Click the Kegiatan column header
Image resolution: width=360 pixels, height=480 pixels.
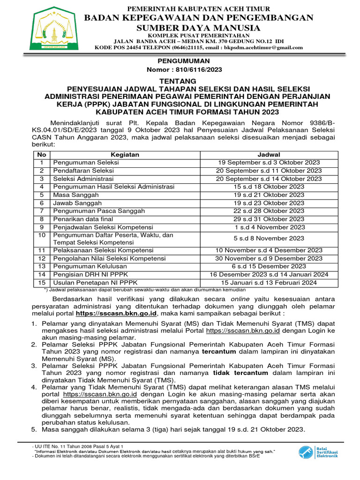pos(125,155)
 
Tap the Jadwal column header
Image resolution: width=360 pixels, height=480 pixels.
pos(269,155)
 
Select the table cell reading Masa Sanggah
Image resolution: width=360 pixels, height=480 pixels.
pos(76,195)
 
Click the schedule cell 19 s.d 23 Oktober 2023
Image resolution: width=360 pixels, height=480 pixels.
pos(269,202)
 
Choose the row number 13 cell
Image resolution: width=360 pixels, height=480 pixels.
pos(42,266)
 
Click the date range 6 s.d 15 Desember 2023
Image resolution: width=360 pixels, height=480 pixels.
pos(269,266)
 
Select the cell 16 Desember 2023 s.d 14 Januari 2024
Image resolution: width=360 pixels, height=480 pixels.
pos(269,274)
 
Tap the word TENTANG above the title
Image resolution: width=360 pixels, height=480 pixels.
pos(180,81)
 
